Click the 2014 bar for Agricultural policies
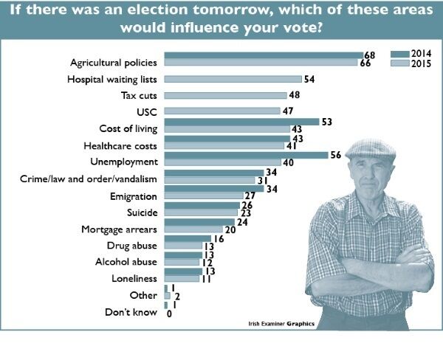(x=262, y=55)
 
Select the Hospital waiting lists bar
(x=233, y=79)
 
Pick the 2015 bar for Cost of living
(x=227, y=129)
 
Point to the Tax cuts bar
(x=225, y=95)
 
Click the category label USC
(x=148, y=112)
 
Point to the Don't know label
(x=134, y=312)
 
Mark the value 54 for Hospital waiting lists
(x=309, y=79)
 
